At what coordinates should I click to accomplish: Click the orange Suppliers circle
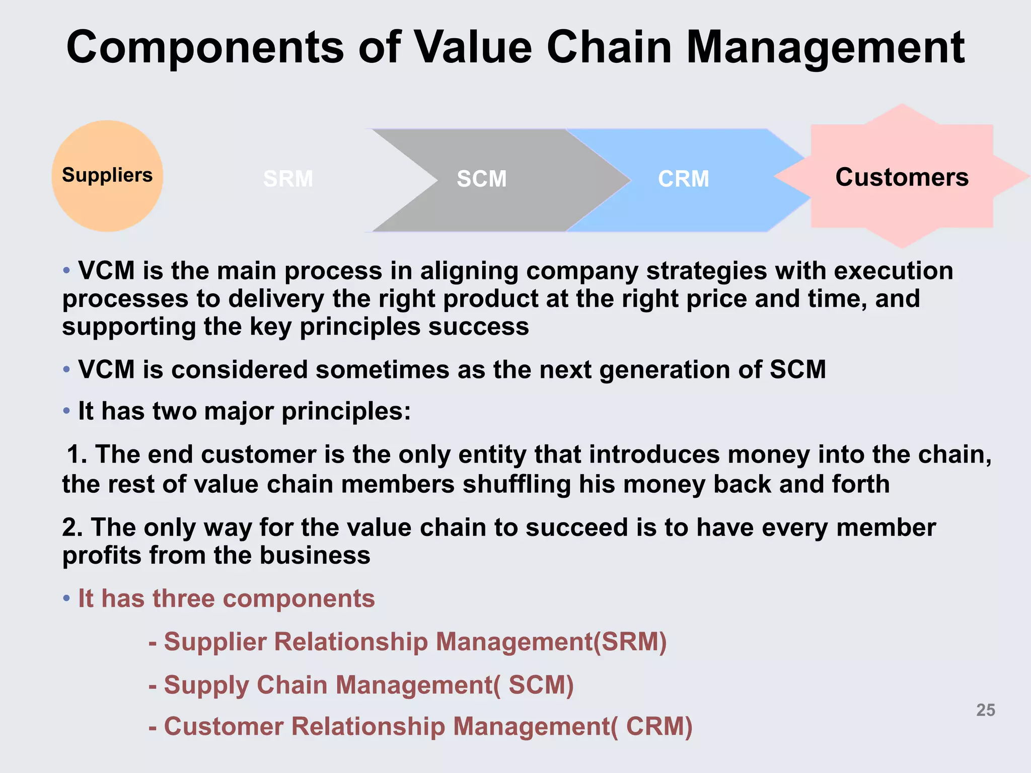[x=107, y=176]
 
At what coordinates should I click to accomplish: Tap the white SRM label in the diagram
[x=288, y=179]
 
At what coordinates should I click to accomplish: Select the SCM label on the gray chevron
[x=482, y=179]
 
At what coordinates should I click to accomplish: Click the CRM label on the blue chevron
[x=684, y=179]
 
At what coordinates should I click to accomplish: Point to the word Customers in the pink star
[x=902, y=177]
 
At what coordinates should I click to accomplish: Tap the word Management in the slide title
[x=825, y=47]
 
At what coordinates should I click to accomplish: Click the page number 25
[x=986, y=710]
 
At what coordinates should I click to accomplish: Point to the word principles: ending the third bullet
[x=346, y=412]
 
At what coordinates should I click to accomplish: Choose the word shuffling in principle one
[x=517, y=484]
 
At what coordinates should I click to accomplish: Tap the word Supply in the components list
[x=206, y=685]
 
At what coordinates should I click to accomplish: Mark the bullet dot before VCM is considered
[x=66, y=370]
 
